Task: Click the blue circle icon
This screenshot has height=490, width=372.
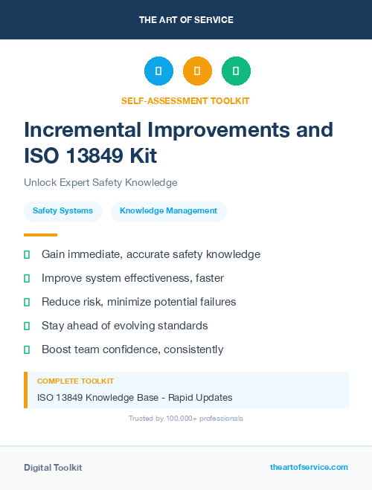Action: (158, 71)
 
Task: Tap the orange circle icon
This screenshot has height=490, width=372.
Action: (197, 71)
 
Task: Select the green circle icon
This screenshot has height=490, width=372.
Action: (236, 71)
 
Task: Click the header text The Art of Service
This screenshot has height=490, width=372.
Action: (186, 20)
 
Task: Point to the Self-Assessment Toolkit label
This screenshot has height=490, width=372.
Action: (185, 100)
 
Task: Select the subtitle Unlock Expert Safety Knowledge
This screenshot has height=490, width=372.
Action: (100, 182)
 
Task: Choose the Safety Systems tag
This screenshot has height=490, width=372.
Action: (62, 211)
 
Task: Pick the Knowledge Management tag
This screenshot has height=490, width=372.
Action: (168, 211)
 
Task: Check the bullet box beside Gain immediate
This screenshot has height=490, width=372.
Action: (27, 254)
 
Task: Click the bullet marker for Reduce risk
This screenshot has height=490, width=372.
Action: (27, 302)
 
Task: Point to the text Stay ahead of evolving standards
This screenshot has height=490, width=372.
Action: (124, 326)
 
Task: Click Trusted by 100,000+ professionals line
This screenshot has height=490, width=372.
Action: (186, 419)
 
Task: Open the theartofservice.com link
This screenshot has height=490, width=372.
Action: (309, 467)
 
